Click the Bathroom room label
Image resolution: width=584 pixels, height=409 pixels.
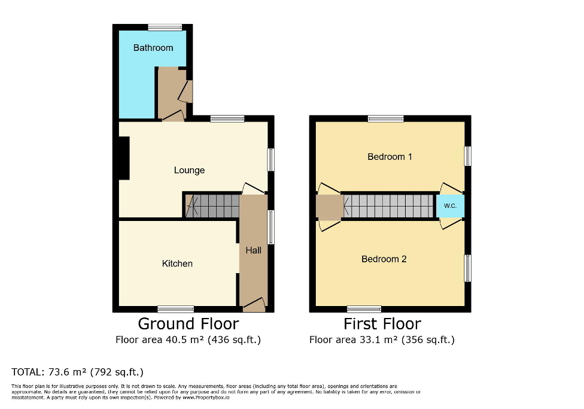(153, 48)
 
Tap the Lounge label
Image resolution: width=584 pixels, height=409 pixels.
(189, 171)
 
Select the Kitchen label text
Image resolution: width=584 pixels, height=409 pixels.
(177, 263)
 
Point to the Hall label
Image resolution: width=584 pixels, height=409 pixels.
(253, 250)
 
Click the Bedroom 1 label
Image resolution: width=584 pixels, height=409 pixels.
(390, 157)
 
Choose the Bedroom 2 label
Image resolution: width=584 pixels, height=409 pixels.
(384, 259)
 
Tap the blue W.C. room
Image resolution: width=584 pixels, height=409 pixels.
(450, 206)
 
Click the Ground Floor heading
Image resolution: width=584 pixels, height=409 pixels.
(188, 324)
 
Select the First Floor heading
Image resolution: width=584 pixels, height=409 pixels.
(382, 324)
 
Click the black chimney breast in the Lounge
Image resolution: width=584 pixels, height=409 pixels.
(124, 158)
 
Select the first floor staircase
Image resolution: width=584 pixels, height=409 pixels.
(389, 206)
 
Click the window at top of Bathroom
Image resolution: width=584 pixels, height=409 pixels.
(165, 27)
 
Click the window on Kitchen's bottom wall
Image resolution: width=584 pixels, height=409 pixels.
(175, 309)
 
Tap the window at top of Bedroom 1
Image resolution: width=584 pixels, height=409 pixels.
(385, 119)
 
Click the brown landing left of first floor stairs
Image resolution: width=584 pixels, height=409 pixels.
(328, 207)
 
